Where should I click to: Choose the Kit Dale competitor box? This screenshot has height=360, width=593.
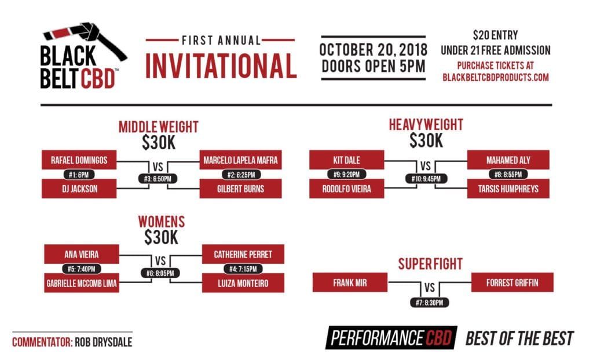tap(346, 160)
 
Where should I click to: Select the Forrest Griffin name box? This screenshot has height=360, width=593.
tap(513, 282)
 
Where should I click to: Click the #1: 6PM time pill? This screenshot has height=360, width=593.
tap(79, 174)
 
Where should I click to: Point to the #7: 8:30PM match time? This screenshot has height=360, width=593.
tap(429, 302)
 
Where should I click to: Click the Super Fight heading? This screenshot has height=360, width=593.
tap(430, 264)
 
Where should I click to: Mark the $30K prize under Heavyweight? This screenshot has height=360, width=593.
tap(426, 140)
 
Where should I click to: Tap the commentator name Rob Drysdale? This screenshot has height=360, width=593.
tap(103, 342)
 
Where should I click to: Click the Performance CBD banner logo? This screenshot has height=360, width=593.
tap(391, 338)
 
